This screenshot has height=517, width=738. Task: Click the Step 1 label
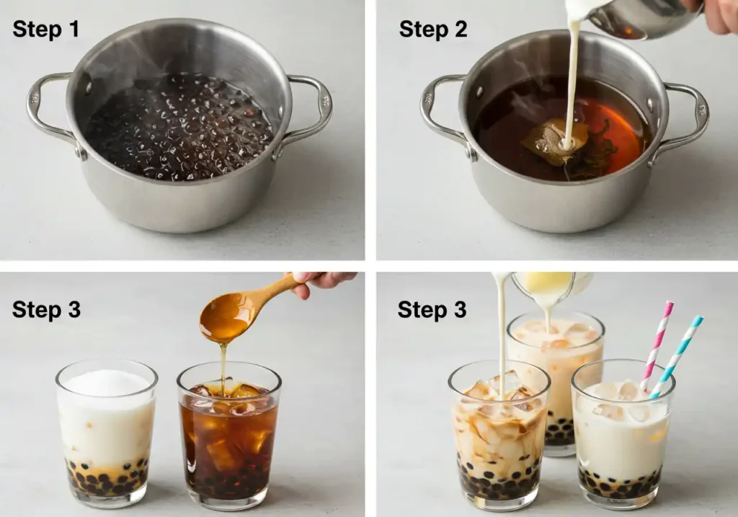click(x=45, y=29)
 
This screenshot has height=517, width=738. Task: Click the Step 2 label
click(x=433, y=29)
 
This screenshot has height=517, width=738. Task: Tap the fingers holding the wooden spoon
click(x=321, y=282)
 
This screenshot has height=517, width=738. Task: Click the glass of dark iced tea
click(x=229, y=436)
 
